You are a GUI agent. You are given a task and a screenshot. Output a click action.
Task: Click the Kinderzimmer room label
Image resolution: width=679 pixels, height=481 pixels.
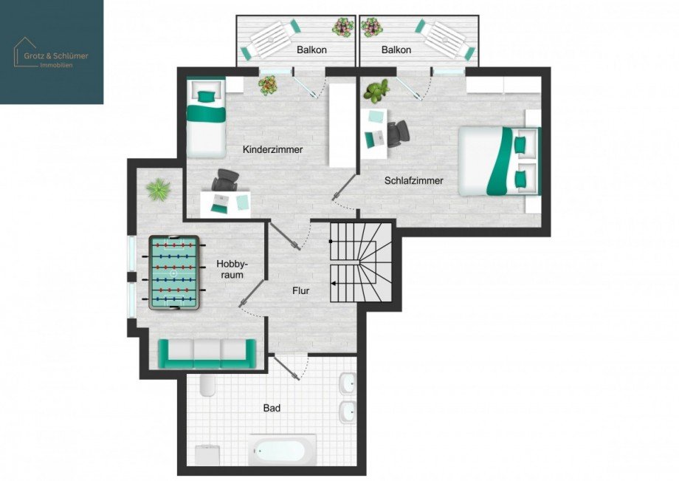point(272,149)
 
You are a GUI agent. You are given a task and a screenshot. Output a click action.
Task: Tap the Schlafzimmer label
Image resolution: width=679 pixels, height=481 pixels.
point(413,180)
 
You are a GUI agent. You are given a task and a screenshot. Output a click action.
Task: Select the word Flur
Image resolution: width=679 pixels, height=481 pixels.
point(300,291)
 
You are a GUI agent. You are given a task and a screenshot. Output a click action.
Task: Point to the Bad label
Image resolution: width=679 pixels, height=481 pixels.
point(272,407)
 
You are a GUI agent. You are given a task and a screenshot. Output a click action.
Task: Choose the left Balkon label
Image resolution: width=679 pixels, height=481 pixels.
point(311,50)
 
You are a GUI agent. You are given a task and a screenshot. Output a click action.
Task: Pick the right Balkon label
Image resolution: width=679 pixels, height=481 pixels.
point(396,50)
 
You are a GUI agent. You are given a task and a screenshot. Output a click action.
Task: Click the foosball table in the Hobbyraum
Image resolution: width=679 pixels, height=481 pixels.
point(174,273)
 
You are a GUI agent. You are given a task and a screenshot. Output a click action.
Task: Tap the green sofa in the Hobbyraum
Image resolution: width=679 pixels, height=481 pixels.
point(201,353)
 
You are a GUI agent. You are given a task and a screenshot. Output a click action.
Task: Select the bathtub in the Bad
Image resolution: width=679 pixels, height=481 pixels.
point(282,449)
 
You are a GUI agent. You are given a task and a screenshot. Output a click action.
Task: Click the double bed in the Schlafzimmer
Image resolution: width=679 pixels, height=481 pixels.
point(500,161)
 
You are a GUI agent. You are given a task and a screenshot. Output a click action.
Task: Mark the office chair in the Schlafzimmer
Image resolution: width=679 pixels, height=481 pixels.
point(398,132)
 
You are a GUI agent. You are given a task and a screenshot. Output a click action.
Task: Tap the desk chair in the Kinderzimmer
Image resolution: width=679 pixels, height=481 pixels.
point(224,180)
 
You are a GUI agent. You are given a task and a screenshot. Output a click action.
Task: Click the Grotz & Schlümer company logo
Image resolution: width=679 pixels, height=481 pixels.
point(51,51)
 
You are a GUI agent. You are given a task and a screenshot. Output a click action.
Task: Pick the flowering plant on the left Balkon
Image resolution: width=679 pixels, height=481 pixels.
point(342,28)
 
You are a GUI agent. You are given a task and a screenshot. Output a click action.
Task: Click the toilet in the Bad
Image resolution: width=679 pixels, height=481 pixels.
point(207,383)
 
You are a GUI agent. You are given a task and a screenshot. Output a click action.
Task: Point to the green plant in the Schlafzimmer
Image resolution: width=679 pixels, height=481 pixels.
point(377,92)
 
